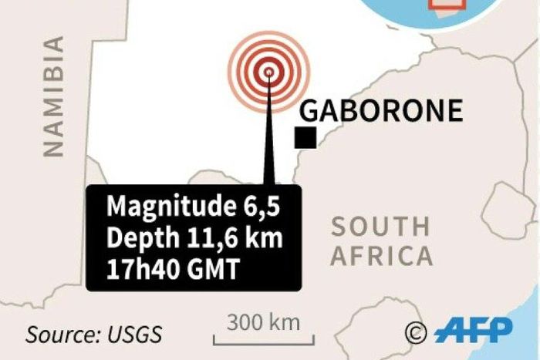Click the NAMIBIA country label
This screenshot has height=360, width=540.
(x=53, y=97)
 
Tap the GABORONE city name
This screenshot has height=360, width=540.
(x=381, y=111)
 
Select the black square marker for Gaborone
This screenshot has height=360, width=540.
(x=305, y=138)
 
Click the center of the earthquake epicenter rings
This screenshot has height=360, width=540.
(x=268, y=72)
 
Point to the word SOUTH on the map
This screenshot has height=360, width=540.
(x=380, y=227)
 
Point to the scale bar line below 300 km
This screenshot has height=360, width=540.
(x=270, y=338)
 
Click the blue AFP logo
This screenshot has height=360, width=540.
(x=472, y=331)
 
